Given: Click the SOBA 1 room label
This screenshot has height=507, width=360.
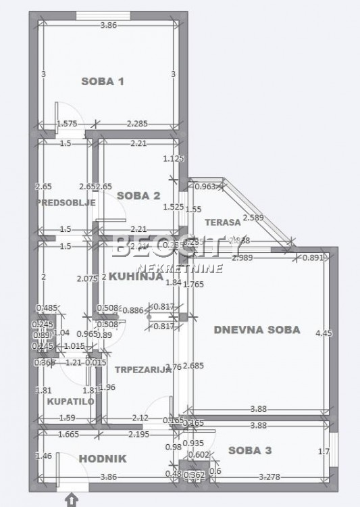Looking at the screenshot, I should tap(103, 82).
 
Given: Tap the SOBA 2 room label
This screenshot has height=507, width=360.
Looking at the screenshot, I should tap(138, 196).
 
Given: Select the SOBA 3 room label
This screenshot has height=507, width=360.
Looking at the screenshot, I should tap(250, 450).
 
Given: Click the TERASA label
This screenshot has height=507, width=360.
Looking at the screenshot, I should tap(224, 222).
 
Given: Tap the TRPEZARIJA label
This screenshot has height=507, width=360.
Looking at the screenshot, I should tap(143, 370).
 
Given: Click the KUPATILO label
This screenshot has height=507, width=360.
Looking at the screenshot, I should tap(66, 402).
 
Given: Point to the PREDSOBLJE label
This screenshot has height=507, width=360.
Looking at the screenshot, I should tap(66, 202).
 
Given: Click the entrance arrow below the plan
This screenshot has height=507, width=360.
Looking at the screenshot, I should tap(72, 500).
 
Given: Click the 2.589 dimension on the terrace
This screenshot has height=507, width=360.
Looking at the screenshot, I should tap(253, 217).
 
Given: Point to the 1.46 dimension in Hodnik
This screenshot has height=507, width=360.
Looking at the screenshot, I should tap(43, 456).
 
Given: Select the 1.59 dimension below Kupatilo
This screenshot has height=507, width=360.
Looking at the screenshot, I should tap(66, 418).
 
